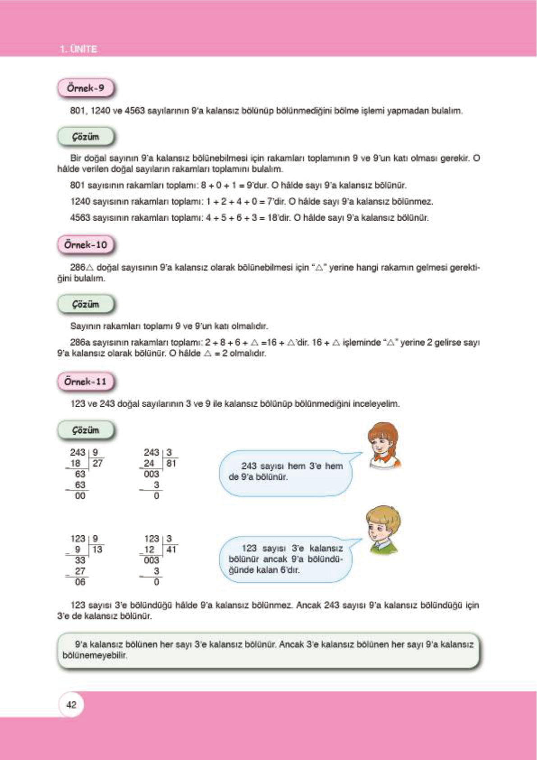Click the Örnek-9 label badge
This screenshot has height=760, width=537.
[85, 88]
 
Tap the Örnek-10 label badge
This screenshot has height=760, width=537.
[85, 245]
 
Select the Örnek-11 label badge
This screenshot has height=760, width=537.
[85, 382]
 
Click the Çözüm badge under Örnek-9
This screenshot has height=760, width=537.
[85, 137]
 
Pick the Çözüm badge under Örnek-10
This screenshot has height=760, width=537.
[85, 305]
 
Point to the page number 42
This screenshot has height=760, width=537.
[71, 705]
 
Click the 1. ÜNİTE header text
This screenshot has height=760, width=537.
[78, 49]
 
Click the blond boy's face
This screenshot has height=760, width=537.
[381, 528]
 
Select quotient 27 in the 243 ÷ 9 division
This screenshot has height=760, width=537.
[97, 463]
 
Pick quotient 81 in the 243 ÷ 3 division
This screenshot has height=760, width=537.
[171, 463]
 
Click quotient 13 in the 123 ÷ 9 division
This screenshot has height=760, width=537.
[97, 549]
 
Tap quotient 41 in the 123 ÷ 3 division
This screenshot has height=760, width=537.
[171, 549]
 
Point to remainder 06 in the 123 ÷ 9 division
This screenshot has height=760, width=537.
[80, 582]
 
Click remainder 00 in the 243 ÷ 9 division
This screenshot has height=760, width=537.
[80, 496]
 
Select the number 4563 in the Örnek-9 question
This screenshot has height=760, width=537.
[135, 111]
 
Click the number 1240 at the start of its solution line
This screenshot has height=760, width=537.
[80, 201]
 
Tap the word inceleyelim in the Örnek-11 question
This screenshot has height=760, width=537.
[376, 404]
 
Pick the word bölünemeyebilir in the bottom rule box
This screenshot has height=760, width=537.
[95, 655]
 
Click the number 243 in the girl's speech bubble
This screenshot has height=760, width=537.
[249, 466]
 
